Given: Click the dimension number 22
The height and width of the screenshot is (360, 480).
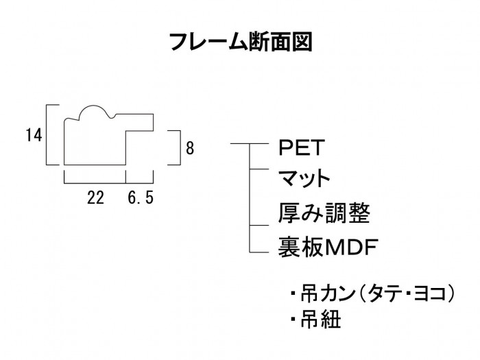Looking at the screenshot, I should pos(95,199).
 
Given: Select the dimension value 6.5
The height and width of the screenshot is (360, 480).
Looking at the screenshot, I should pos(141,199).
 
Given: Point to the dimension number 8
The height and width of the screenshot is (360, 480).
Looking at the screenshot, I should pos(189,147).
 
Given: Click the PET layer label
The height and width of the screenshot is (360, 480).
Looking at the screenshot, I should pos(299,147).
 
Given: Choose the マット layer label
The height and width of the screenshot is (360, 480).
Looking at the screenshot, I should pos(304,180).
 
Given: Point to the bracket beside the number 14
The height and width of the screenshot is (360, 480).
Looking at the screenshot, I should pos(48,135).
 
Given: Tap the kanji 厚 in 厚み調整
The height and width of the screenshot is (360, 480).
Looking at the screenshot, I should pos(289,213).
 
